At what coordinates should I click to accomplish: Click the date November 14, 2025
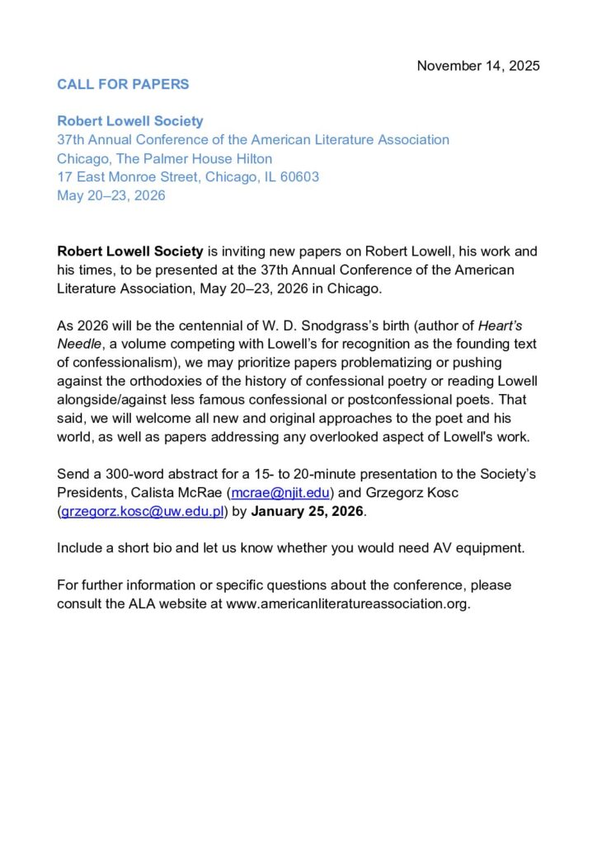(478, 66)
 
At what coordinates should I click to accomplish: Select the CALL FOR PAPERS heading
(123, 84)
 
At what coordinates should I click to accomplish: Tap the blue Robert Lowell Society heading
(129, 121)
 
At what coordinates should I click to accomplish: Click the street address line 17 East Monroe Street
(188, 176)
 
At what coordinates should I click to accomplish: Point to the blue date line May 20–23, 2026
(111, 195)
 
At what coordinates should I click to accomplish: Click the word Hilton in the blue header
(253, 158)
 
